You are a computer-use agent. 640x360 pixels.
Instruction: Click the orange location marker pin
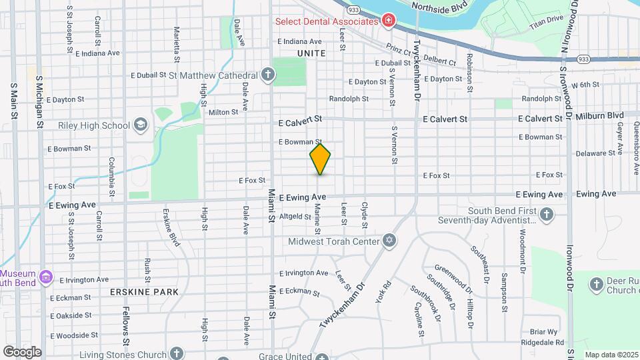(321, 159)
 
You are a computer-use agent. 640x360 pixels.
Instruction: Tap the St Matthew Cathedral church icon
(267, 75)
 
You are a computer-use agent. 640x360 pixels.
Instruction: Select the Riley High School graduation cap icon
(141, 125)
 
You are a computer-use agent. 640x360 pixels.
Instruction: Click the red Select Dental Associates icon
(387, 21)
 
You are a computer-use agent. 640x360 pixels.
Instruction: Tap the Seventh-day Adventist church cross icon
(547, 214)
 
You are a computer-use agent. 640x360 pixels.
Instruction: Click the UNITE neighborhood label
(311, 53)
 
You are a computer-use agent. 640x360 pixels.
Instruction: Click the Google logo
(22, 351)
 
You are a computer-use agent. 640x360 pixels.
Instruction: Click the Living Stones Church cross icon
(176, 352)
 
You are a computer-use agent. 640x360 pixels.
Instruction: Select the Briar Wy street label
(543, 331)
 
